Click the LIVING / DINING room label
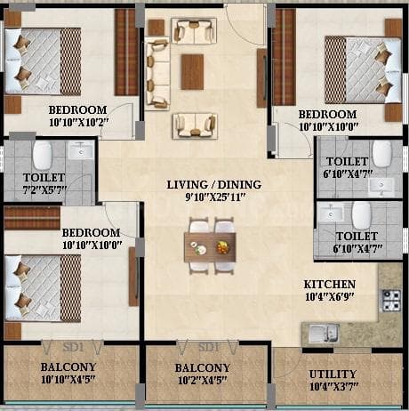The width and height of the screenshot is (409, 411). point(213,185)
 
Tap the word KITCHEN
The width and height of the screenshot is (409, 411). point(328,284)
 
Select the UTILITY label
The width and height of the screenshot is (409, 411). point(333,374)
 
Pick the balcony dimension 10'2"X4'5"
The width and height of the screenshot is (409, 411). point(203,381)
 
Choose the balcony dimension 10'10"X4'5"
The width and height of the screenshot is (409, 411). point(68,381)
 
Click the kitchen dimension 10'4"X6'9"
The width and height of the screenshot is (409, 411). point(328,297)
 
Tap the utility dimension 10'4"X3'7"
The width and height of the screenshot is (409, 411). point(333,388)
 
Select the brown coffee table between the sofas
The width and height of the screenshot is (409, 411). point(192,72)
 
